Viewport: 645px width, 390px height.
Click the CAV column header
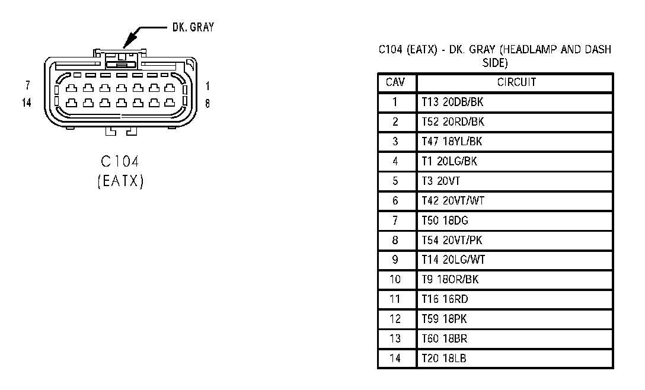pyautogui.click(x=395, y=82)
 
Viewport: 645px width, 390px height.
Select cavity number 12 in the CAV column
pyautogui.click(x=395, y=319)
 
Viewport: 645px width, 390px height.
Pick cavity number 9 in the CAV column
pyautogui.click(x=395, y=260)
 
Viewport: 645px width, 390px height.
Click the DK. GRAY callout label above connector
pyautogui.click(x=193, y=27)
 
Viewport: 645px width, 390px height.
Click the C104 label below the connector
pyautogui.click(x=120, y=162)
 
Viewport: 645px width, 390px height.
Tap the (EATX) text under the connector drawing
pyautogui.click(x=120, y=181)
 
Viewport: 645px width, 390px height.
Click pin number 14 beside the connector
pyautogui.click(x=27, y=103)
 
